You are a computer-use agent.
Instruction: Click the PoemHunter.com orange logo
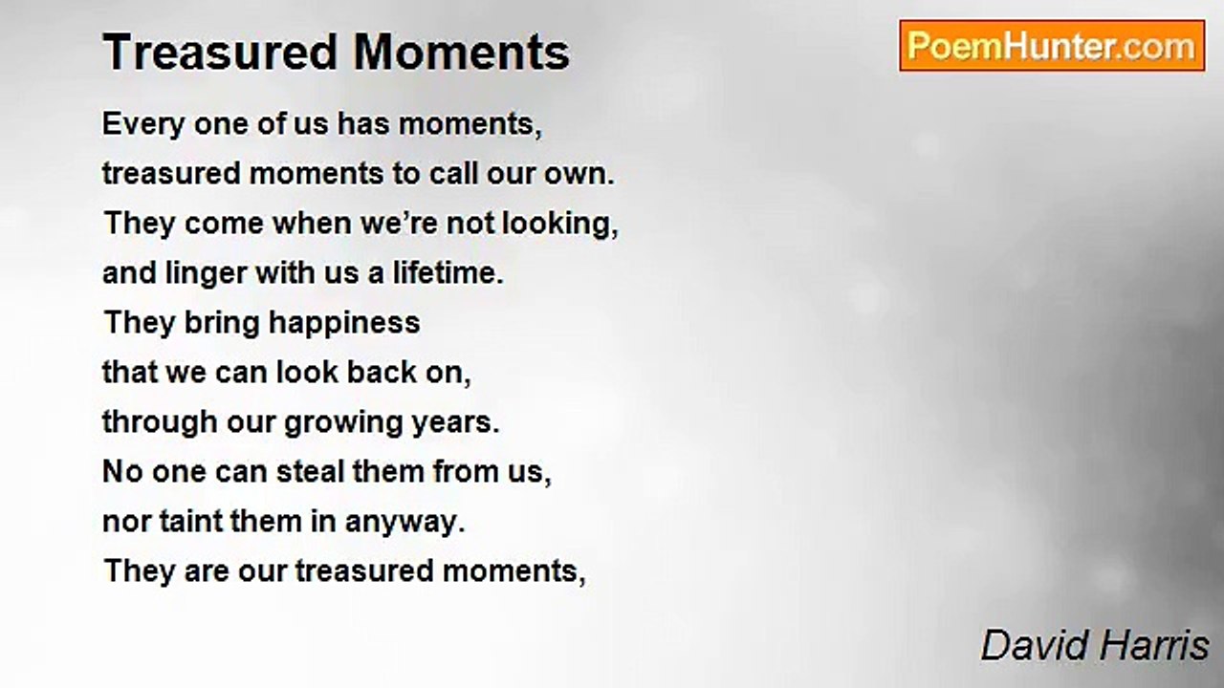(1052, 46)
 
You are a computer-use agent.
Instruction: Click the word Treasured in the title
(220, 53)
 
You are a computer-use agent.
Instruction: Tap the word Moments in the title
(462, 53)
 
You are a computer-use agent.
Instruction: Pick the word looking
(560, 225)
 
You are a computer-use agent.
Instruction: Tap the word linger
(206, 273)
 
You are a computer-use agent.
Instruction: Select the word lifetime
(448, 273)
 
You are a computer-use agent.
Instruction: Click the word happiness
(344, 323)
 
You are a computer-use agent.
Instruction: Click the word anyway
(404, 523)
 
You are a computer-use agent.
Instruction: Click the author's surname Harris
(1153, 645)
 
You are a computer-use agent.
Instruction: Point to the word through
(160, 423)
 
